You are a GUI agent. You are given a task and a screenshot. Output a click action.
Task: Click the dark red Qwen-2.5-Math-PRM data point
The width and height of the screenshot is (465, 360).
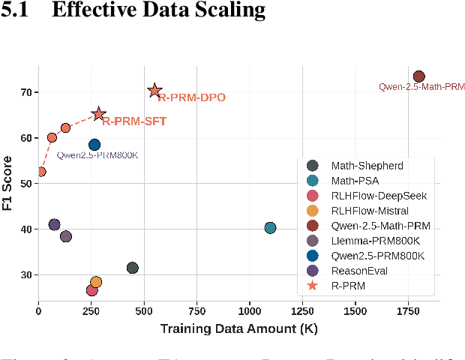[418, 76]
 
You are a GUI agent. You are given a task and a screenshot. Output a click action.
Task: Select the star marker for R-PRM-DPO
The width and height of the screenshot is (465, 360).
[154, 91]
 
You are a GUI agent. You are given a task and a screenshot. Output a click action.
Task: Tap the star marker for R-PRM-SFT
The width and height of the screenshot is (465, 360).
[98, 114]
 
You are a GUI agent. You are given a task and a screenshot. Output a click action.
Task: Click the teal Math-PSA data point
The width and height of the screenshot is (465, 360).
[270, 228]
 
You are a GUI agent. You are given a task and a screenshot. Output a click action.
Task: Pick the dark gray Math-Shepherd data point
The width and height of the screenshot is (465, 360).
[133, 268]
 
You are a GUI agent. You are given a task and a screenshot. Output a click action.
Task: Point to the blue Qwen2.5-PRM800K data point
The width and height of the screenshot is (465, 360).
[94, 145]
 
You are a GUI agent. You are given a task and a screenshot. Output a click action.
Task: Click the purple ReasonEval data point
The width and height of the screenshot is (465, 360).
[54, 224]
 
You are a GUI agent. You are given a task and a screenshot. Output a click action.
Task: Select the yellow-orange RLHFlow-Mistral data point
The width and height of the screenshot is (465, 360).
[96, 282]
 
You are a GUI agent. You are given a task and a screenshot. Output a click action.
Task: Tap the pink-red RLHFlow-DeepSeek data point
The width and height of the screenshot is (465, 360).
[91, 290]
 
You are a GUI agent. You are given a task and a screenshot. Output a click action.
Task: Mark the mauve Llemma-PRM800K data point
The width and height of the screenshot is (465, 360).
[65, 236]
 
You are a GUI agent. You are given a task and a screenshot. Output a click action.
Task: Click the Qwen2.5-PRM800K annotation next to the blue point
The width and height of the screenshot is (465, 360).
[97, 156]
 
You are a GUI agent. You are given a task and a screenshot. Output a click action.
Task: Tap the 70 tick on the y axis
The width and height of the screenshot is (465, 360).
[26, 92]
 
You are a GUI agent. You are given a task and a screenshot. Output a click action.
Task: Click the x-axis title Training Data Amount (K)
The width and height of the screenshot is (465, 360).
[238, 328]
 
